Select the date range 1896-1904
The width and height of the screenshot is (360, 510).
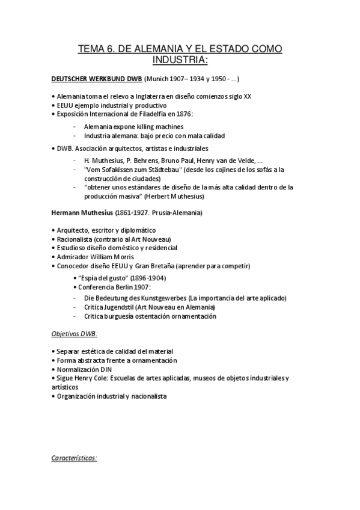tap(147, 278)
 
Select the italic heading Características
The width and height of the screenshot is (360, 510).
tap(74, 458)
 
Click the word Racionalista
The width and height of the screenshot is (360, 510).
tap(75, 239)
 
